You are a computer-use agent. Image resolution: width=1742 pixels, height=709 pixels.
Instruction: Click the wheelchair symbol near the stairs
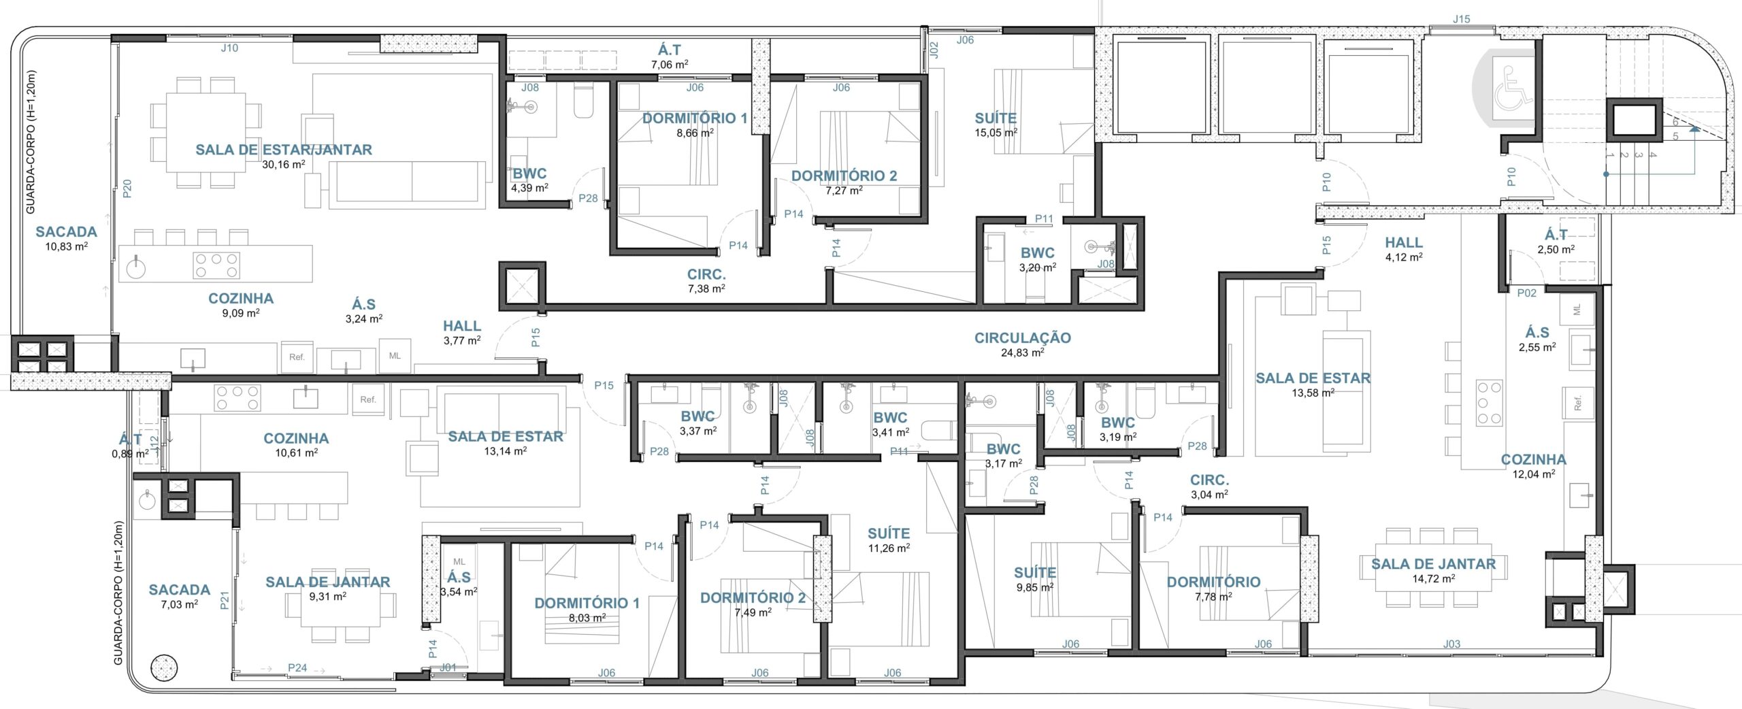(x=1514, y=88)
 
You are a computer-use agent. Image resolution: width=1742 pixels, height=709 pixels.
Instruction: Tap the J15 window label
(x=1461, y=19)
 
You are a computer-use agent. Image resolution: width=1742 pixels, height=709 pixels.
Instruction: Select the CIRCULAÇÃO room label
(x=1022, y=337)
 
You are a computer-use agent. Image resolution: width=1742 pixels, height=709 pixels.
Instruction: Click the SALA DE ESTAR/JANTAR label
(x=284, y=150)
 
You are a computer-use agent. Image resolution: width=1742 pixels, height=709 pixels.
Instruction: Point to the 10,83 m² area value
(x=67, y=246)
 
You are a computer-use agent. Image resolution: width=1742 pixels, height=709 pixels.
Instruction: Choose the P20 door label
(x=127, y=188)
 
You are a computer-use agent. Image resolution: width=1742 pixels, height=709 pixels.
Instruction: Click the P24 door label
(x=297, y=667)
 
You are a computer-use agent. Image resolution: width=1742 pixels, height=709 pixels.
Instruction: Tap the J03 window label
(x=1451, y=644)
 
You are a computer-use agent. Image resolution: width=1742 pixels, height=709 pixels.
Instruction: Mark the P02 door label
(x=1527, y=293)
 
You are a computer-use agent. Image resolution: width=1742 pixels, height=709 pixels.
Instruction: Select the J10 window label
(x=229, y=48)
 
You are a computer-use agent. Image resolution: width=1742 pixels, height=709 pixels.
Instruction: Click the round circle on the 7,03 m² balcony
(x=164, y=668)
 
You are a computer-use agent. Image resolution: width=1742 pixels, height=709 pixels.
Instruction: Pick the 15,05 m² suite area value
(x=996, y=133)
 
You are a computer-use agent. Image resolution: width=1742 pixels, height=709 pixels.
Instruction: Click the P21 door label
(x=225, y=600)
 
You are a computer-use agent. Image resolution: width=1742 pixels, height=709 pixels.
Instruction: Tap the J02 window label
(x=934, y=50)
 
